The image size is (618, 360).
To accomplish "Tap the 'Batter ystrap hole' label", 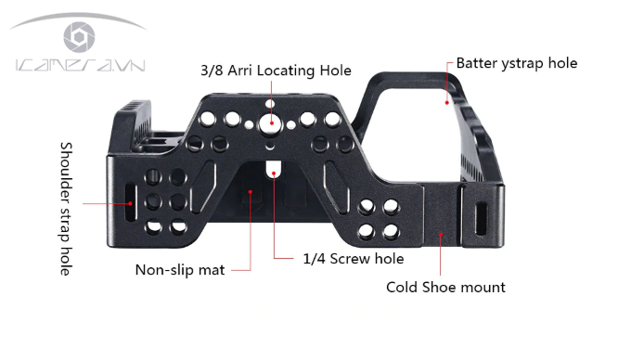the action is (x=516, y=63).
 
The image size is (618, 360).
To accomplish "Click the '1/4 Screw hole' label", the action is (x=354, y=259).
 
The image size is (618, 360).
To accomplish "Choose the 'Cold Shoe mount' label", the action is (x=445, y=287).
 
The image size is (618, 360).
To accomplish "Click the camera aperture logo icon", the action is (x=78, y=36).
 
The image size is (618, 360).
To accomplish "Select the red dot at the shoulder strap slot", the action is (x=132, y=199).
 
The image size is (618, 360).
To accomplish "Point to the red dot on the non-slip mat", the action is (x=248, y=194).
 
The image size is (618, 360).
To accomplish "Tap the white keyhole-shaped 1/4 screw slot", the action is (x=272, y=170).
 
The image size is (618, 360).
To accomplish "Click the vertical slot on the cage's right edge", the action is (x=480, y=216).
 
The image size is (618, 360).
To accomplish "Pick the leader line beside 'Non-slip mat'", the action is (x=239, y=270).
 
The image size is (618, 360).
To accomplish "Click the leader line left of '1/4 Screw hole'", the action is (x=287, y=258).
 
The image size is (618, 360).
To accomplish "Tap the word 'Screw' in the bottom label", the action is (x=348, y=259).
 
